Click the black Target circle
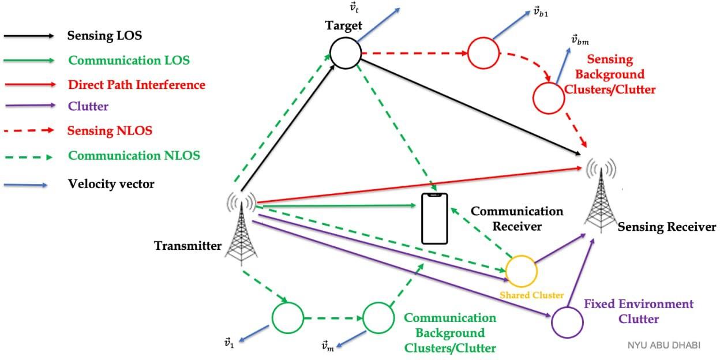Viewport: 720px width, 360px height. tap(346, 53)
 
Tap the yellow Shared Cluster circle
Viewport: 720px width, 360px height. tap(521, 270)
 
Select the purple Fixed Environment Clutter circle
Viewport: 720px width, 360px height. tap(567, 321)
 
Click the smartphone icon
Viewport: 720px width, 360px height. tap(434, 219)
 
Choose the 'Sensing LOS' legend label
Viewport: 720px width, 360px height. tap(104, 36)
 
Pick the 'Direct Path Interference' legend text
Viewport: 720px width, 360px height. tap(136, 85)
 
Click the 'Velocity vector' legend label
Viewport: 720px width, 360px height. tap(111, 184)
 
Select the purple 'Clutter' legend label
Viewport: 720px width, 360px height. tap(88, 106)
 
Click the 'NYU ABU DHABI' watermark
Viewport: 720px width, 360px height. tap(663, 345)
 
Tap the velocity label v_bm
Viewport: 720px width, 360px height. tap(580, 39)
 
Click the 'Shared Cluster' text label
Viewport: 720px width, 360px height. tap(531, 295)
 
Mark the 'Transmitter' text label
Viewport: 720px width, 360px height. tap(187, 246)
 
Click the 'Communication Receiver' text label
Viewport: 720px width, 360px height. tap(508, 219)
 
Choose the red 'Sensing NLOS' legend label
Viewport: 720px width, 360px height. tap(110, 130)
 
